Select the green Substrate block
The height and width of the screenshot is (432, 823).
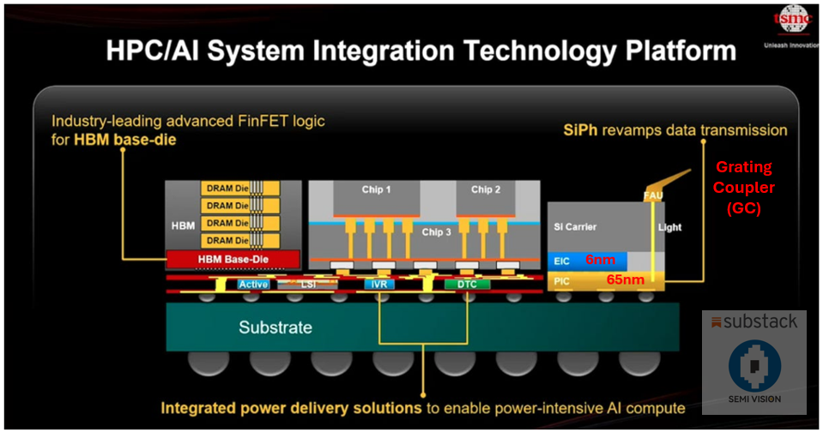(275, 327)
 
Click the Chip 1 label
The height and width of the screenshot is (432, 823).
(371, 189)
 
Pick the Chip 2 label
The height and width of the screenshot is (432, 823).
(487, 189)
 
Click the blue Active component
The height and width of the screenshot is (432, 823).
(254, 284)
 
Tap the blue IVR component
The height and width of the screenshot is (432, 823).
(378, 284)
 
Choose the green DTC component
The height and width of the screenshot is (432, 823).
(466, 284)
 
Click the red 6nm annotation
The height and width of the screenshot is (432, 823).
(601, 259)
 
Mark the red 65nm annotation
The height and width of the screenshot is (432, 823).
(625, 279)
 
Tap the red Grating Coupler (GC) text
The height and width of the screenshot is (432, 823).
(744, 188)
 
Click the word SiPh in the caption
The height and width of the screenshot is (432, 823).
(582, 130)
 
